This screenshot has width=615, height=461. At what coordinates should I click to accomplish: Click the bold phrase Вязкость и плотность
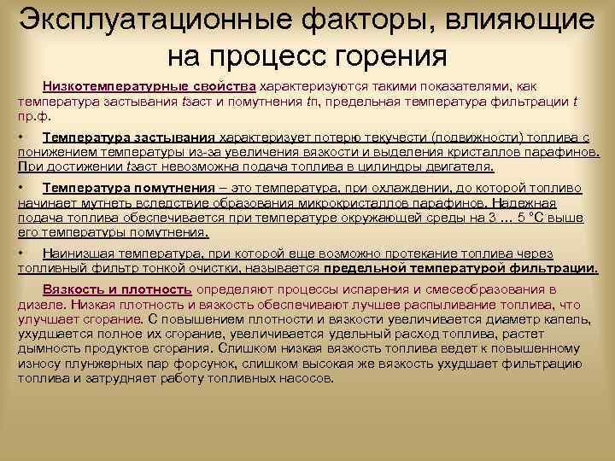(117, 289)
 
